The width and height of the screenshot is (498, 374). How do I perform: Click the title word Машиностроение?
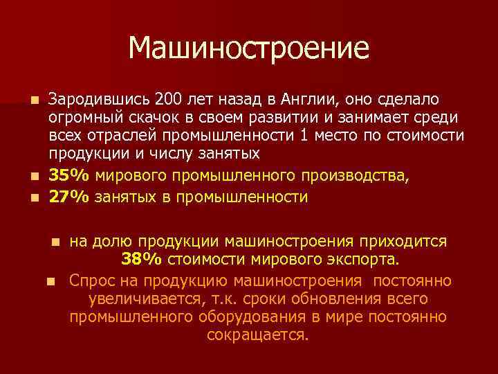[249, 48]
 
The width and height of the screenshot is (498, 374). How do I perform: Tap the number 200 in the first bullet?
[167, 98]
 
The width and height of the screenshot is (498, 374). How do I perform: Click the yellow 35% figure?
[68, 177]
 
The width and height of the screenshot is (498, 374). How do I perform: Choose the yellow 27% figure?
[68, 197]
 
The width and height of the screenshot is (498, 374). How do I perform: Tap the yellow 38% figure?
[142, 260]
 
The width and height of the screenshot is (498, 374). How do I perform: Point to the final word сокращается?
[257, 335]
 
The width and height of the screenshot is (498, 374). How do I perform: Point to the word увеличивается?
[144, 299]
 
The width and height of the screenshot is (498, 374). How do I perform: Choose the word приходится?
[408, 242]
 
